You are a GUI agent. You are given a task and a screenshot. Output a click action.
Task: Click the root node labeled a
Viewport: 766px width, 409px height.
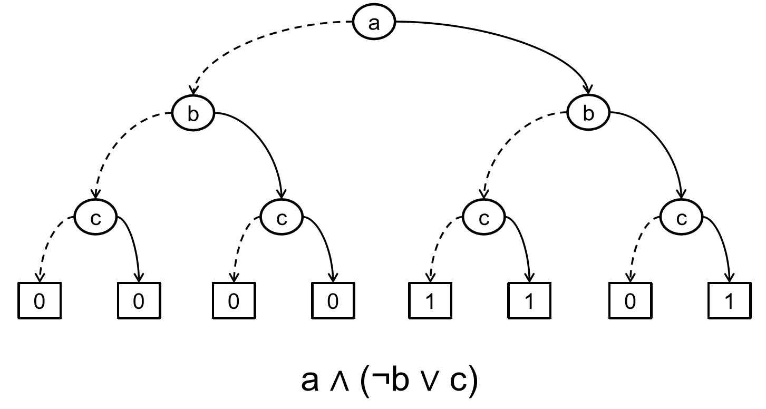(374, 24)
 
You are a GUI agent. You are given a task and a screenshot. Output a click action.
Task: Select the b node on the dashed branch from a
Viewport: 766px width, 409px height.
(193, 114)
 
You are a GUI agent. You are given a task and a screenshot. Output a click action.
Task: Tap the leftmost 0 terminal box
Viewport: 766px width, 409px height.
(40, 301)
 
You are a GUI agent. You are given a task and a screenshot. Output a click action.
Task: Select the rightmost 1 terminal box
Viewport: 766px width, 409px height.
(729, 301)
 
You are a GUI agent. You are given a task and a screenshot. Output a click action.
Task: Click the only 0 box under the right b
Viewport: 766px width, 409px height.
(630, 301)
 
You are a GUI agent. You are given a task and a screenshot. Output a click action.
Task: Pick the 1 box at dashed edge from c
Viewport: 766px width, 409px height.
(431, 301)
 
